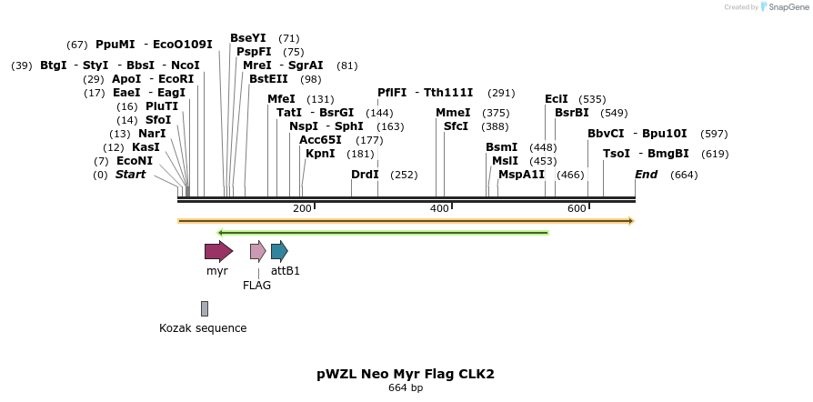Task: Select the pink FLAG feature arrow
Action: point(258,251)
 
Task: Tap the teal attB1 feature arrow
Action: point(279,251)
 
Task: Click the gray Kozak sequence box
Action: point(205,309)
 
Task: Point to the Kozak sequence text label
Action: point(203,328)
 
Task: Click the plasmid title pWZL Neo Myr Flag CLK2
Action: point(406,374)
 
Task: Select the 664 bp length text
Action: point(406,388)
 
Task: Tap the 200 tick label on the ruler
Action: point(302,209)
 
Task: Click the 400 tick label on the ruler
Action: point(439,209)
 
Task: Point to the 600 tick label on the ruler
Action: point(577,209)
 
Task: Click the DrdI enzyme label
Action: point(365,175)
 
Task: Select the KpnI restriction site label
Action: point(320,154)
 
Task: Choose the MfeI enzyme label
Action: point(282,99)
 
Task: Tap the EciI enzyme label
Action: point(557,99)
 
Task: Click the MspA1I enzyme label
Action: point(521,175)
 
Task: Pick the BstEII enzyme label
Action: point(268,79)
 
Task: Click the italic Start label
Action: point(130,175)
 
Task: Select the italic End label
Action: point(646,175)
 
